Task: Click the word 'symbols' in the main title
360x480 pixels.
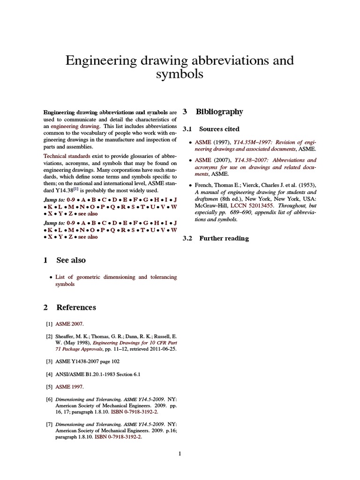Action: pyautogui.click(x=180, y=74)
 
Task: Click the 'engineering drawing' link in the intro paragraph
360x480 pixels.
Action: pyautogui.click(x=75, y=126)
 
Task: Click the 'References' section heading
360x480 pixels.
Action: pyautogui.click(x=76, y=307)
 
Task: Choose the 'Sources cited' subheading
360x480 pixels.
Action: pyautogui.click(x=219, y=129)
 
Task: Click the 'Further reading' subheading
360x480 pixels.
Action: pyautogui.click(x=224, y=239)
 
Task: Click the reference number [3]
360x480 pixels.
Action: pyautogui.click(x=49, y=361)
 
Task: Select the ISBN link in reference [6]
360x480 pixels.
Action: pyautogui.click(x=135, y=412)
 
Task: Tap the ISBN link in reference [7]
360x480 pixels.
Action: pyautogui.click(x=118, y=437)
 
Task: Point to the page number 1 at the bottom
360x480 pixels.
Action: pyautogui.click(x=180, y=454)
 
